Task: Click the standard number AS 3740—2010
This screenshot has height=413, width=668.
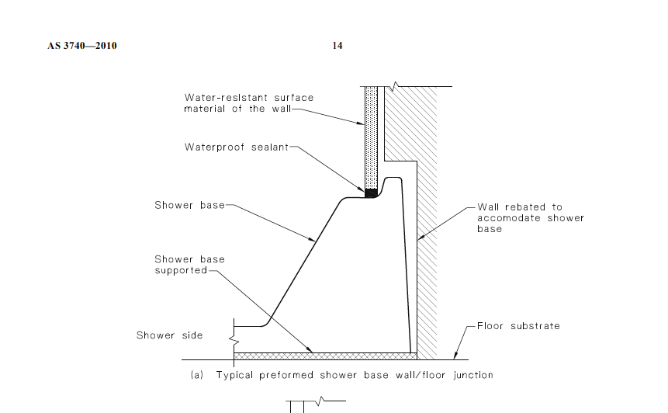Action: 81,46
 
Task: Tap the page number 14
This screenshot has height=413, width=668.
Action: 337,46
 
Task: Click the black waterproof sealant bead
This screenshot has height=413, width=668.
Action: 372,193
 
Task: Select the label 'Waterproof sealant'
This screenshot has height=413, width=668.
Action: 236,147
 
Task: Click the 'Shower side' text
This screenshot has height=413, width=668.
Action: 169,335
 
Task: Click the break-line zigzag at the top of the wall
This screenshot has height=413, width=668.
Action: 396,85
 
